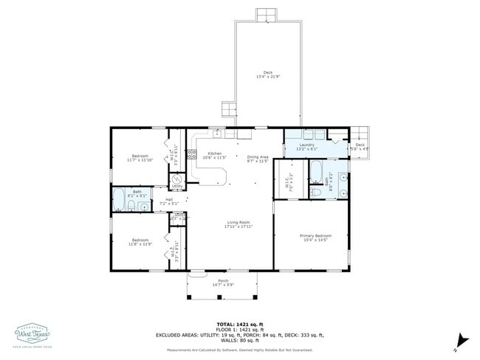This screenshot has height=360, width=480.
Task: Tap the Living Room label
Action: (239, 222)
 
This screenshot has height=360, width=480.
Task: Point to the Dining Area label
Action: (258, 156)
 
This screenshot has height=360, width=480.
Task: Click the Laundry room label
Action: (308, 145)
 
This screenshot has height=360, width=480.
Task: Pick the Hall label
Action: (169, 199)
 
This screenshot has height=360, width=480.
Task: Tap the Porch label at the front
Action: (223, 280)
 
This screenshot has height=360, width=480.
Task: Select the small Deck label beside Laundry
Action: (360, 145)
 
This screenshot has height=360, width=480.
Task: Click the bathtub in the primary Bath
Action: (315, 172)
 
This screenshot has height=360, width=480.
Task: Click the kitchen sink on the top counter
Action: (218, 134)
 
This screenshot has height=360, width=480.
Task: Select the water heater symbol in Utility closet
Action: (177, 179)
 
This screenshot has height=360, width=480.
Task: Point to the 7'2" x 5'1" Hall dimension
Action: (169, 203)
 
